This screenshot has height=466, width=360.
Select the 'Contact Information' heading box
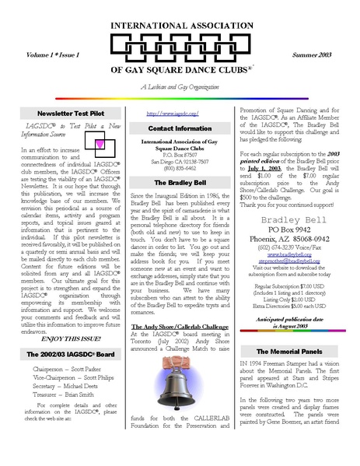point(180,128)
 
